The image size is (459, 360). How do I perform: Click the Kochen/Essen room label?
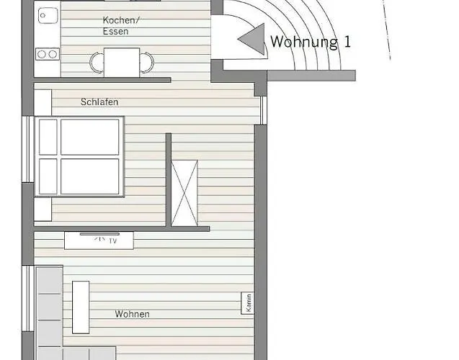(121, 26)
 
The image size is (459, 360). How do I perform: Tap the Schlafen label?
(99, 102)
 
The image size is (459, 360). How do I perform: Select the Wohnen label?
(132, 314)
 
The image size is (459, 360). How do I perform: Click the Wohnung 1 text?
(311, 42)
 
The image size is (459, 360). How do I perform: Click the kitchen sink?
(48, 15)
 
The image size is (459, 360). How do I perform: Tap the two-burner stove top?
(48, 54)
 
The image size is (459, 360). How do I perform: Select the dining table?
(122, 63)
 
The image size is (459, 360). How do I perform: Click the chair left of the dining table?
(97, 63)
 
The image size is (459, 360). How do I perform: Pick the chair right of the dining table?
(147, 63)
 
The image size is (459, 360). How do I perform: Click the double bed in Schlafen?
(79, 156)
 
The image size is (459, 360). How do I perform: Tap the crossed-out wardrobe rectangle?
(184, 193)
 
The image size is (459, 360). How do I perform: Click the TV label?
(113, 241)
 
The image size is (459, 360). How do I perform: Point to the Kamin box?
(247, 303)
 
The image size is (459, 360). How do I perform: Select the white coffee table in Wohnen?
(81, 307)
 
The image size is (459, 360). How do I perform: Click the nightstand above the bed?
(43, 103)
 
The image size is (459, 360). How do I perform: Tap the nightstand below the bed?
(43, 209)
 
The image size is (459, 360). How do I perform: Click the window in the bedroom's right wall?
(264, 110)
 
